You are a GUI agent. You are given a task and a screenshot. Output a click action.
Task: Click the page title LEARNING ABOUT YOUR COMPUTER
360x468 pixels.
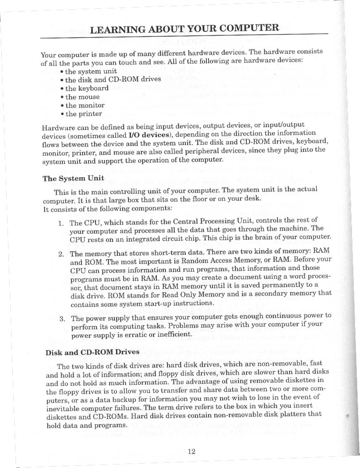click(x=184, y=29)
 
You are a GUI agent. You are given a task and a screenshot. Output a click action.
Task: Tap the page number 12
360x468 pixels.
click(x=191, y=451)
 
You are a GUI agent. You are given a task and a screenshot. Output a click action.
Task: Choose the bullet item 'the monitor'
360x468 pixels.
click(x=85, y=105)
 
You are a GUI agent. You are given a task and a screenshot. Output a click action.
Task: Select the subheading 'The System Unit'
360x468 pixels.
click(x=73, y=178)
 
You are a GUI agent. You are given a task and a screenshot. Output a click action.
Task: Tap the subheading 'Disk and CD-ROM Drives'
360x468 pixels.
click(x=93, y=353)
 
